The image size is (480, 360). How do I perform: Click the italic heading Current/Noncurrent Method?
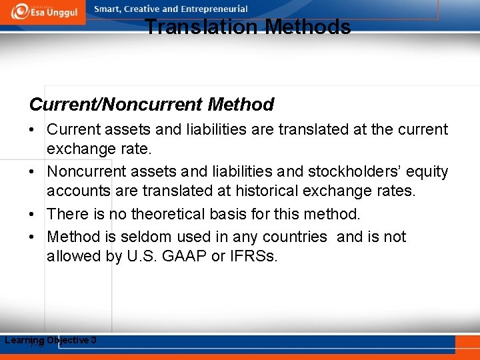(x=151, y=105)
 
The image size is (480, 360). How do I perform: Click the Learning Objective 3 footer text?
(x=51, y=341)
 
